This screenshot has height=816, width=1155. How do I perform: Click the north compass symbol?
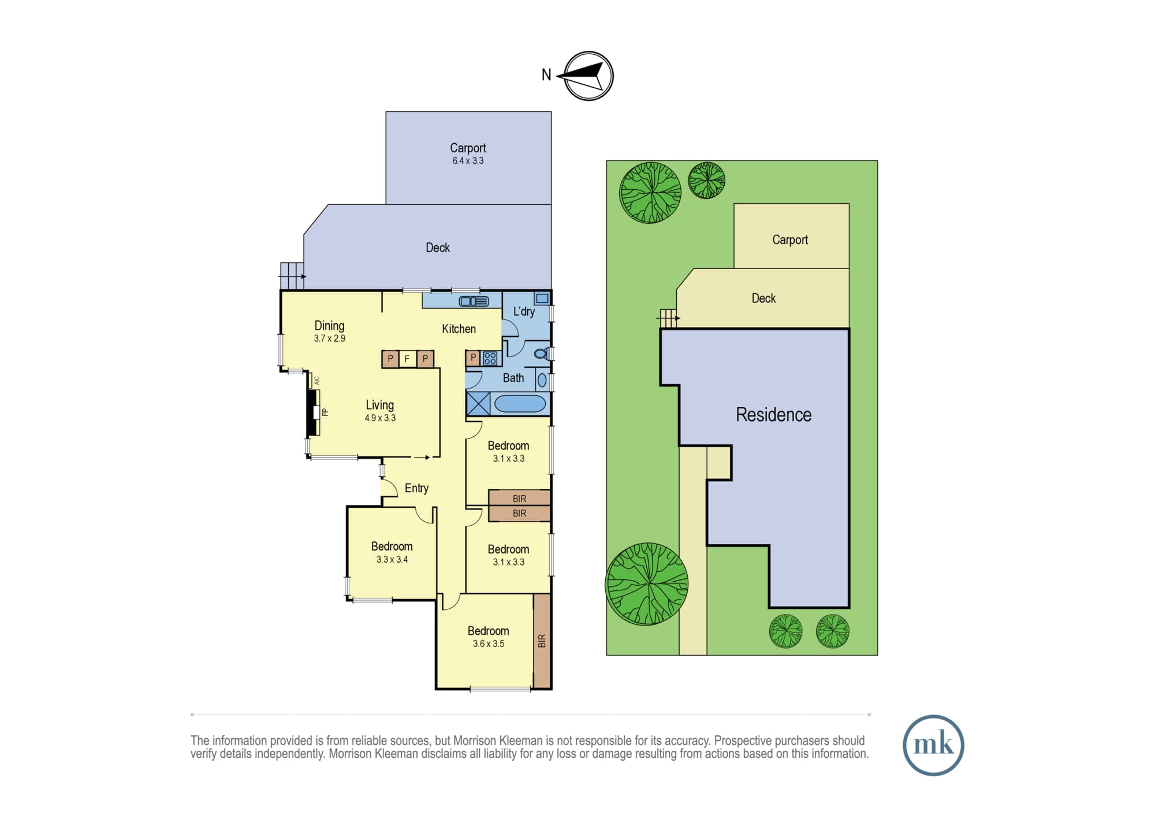pyautogui.click(x=588, y=76)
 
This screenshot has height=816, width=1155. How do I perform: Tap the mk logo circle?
pyautogui.click(x=933, y=745)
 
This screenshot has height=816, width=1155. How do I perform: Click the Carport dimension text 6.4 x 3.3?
pyautogui.click(x=468, y=161)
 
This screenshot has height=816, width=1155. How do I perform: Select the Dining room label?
pyautogui.click(x=329, y=325)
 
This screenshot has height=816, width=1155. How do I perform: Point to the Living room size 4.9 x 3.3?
pyautogui.click(x=380, y=418)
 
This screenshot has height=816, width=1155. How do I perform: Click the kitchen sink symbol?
pyautogui.click(x=474, y=301)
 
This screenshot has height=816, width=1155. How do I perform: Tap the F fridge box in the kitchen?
pyautogui.click(x=407, y=359)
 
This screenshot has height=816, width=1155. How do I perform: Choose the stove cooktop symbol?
pyautogui.click(x=490, y=358)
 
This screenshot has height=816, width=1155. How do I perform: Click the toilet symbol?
pyautogui.click(x=541, y=354)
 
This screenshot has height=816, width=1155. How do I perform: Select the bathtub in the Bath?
pyautogui.click(x=520, y=403)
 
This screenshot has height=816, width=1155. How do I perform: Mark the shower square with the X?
pyautogui.click(x=478, y=403)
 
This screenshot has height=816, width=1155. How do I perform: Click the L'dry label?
pyautogui.click(x=524, y=312)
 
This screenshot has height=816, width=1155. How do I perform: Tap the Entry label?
pyautogui.click(x=416, y=488)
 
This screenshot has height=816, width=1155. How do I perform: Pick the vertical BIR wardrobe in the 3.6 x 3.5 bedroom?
pyautogui.click(x=541, y=641)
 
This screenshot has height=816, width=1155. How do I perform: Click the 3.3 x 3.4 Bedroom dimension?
pyautogui.click(x=392, y=560)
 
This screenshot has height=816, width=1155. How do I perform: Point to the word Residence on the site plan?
pyautogui.click(x=773, y=414)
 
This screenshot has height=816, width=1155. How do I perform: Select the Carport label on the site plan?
pyautogui.click(x=790, y=239)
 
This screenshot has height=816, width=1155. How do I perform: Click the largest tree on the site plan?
pyautogui.click(x=647, y=584)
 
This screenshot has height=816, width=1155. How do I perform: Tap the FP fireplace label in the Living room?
pyautogui.click(x=325, y=412)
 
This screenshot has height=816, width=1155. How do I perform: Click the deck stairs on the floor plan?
pyautogui.click(x=292, y=276)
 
